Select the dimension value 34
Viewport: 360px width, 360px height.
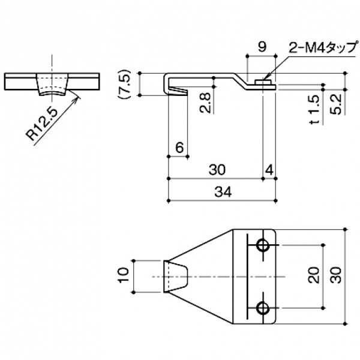222,192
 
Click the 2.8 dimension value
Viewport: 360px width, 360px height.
205,103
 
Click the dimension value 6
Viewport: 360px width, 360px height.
179,148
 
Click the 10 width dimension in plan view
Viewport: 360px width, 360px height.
124,276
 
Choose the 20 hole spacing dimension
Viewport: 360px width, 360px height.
313,276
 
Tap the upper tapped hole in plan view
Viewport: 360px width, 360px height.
262,245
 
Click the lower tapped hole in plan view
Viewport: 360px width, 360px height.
262,308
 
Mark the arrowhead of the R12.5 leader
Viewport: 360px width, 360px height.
79,92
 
